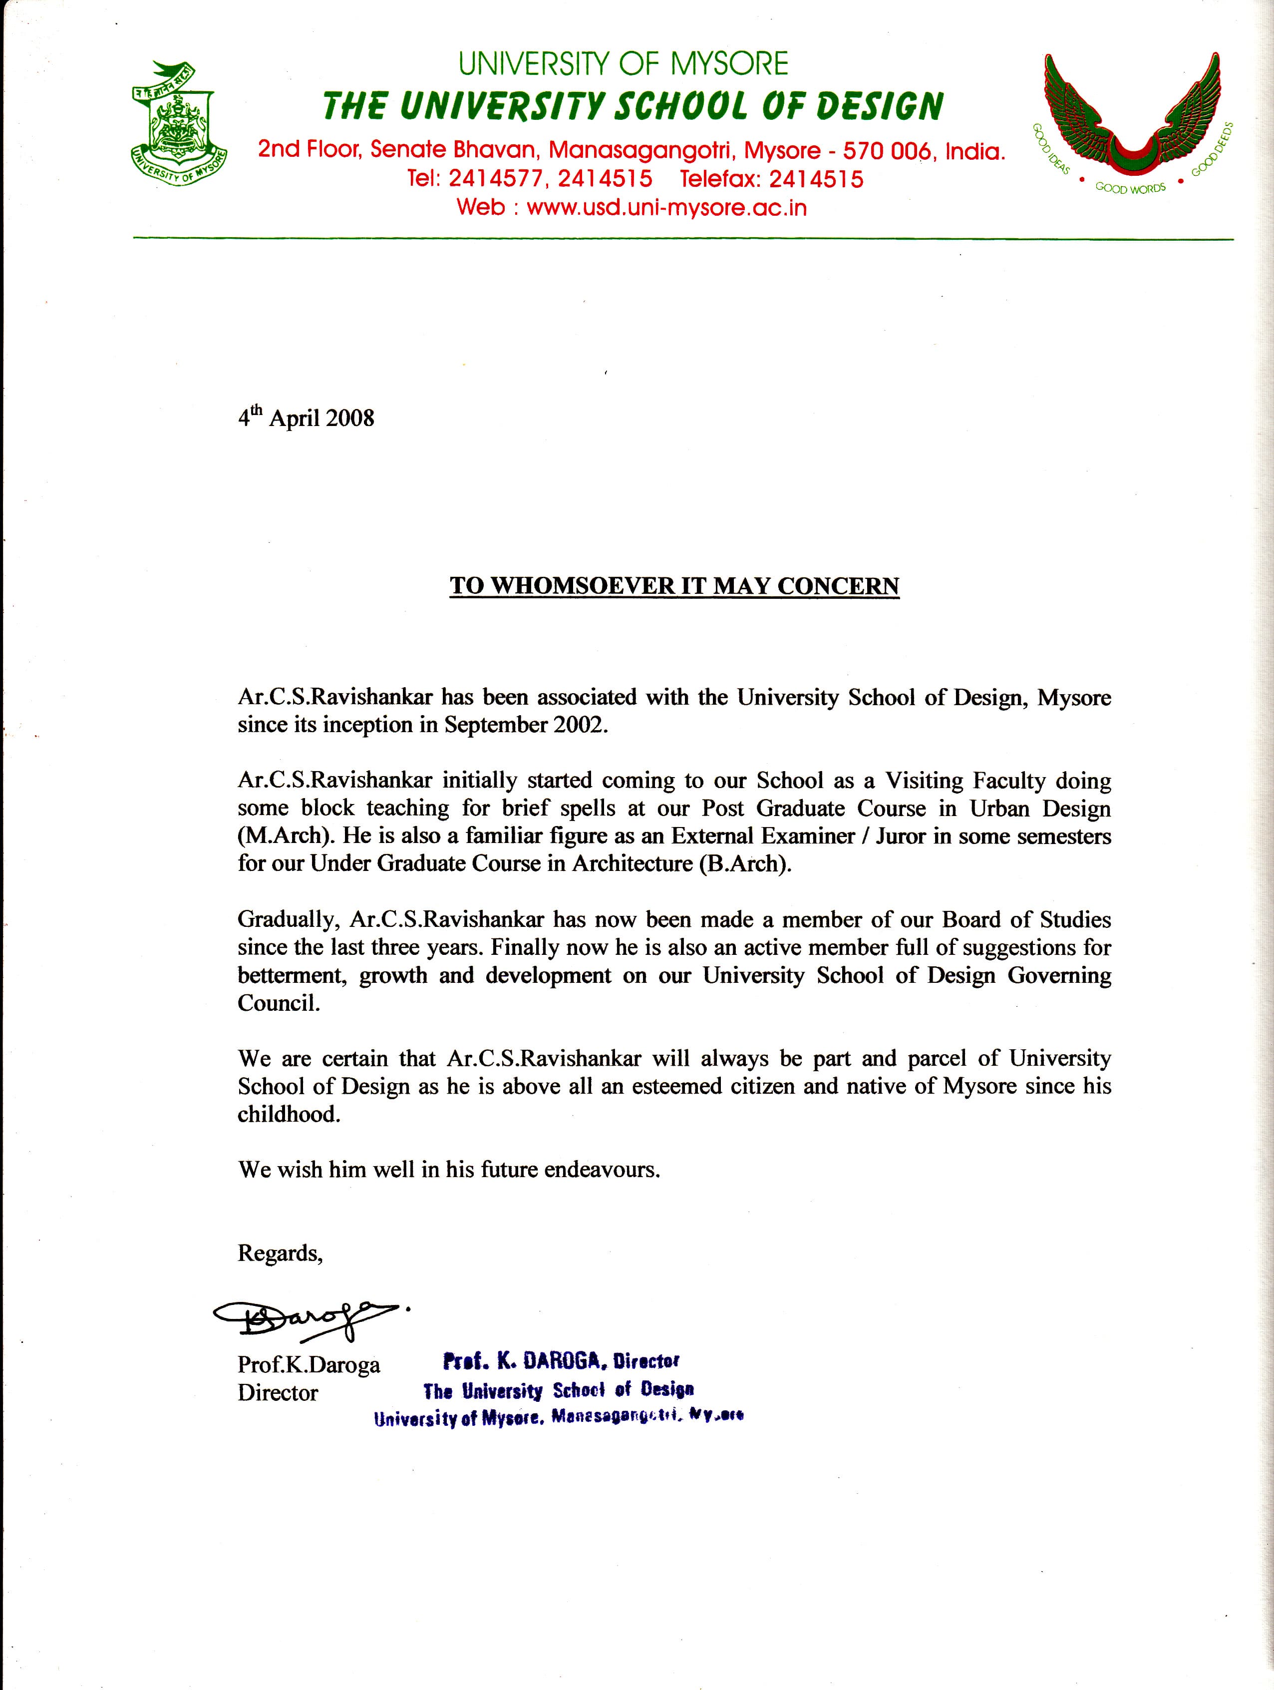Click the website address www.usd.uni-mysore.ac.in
[x=666, y=208]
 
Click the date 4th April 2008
[x=306, y=418]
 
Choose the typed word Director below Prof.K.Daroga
[x=277, y=1393]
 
